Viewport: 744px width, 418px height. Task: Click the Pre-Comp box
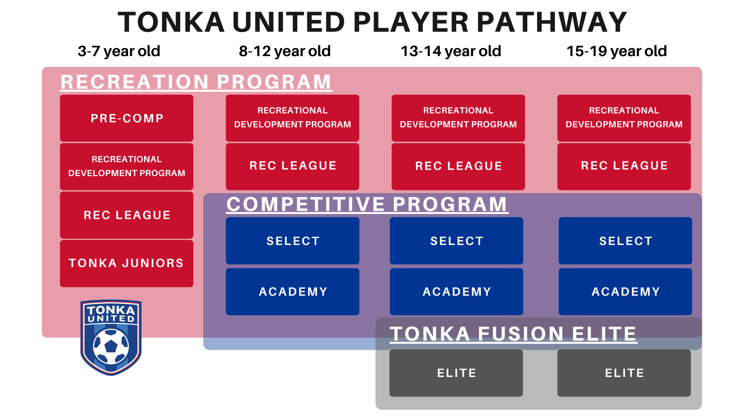127,118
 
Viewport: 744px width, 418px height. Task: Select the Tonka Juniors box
127,263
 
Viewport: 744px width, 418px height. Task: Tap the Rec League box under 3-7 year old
127,215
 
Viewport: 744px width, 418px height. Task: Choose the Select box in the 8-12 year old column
293,241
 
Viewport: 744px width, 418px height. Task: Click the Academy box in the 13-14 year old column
456,291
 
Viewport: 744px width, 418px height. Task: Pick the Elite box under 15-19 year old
624,373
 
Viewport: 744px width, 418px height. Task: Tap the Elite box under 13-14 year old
456,373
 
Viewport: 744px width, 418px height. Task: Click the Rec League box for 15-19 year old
624,166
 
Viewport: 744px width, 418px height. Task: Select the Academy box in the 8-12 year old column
293,291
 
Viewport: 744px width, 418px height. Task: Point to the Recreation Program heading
196,82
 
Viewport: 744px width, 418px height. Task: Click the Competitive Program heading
367,204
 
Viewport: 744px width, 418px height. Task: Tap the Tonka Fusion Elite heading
513,334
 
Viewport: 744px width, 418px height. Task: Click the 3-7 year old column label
119,51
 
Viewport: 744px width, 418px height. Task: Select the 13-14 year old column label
451,51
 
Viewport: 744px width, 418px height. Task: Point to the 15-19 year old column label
617,51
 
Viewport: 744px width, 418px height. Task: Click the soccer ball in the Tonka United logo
111,346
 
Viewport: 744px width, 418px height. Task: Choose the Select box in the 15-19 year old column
625,241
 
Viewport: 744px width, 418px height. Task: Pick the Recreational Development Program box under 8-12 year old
293,118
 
